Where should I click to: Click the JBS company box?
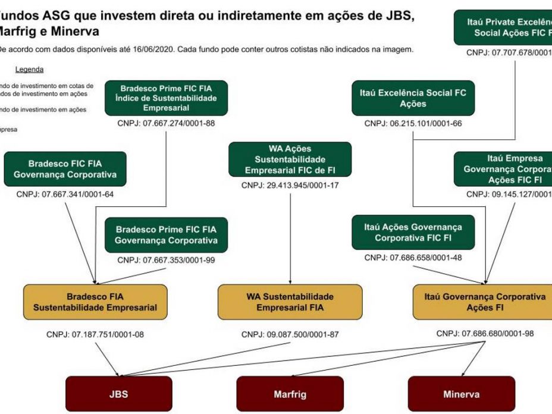click(x=118, y=394)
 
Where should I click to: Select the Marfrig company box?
click(x=290, y=394)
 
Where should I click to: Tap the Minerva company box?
click(x=462, y=394)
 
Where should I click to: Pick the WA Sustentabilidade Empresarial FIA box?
click(x=290, y=302)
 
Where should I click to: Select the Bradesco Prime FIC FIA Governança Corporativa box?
click(x=166, y=235)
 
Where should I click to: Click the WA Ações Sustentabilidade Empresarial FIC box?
click(x=290, y=159)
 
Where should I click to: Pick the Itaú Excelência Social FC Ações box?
click(x=413, y=98)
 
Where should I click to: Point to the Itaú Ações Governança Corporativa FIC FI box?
click(x=413, y=233)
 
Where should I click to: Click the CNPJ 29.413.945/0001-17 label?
click(x=290, y=186)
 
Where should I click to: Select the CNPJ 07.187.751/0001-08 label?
click(x=95, y=334)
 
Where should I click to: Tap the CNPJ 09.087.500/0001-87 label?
click(x=290, y=334)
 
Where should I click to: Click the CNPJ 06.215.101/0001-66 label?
click(x=413, y=124)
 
